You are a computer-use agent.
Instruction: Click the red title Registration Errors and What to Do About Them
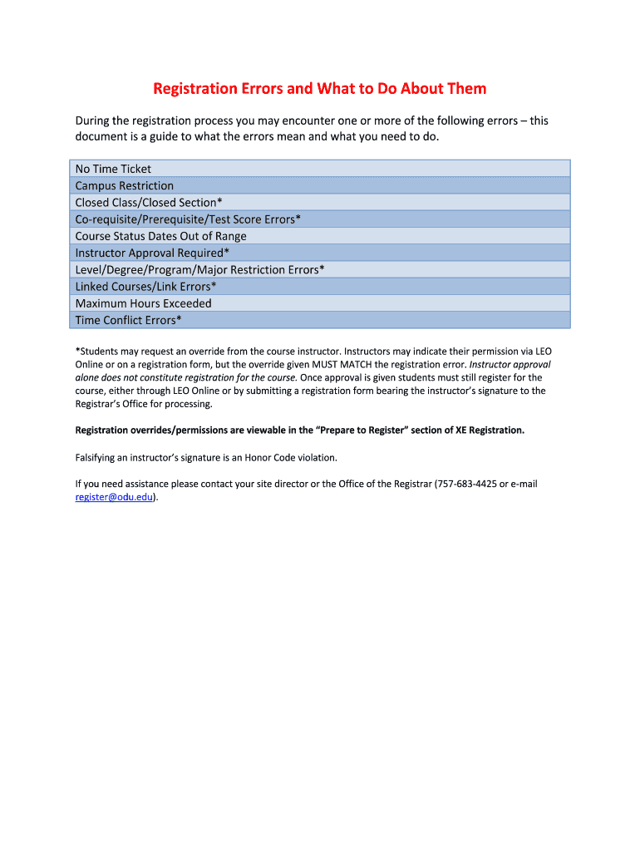320,89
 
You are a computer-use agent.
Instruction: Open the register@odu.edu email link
114,497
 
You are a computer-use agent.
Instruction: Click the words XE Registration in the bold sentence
489,430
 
